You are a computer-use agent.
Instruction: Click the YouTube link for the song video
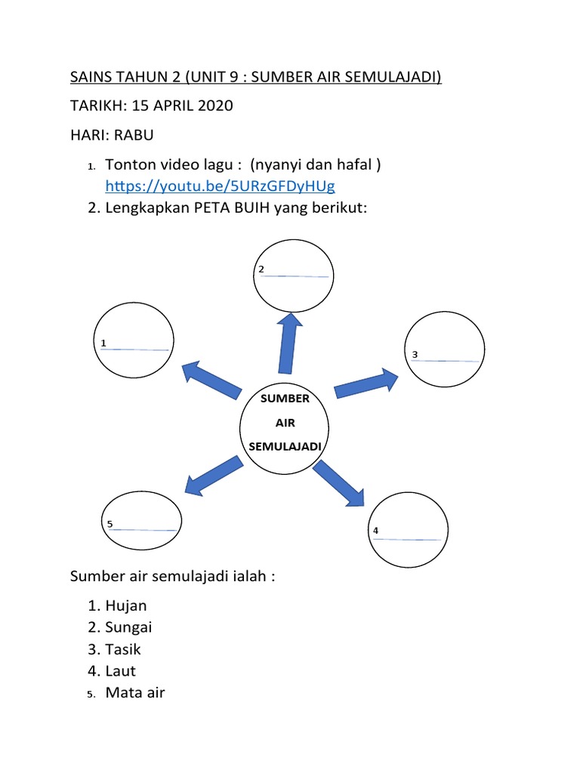click(x=220, y=186)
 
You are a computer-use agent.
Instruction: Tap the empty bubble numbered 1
click(x=132, y=340)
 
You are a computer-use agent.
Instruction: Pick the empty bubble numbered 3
click(x=446, y=349)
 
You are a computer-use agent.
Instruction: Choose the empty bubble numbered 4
click(x=406, y=530)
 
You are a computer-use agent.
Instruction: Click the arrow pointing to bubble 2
click(x=289, y=343)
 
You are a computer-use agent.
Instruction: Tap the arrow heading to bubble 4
click(x=339, y=482)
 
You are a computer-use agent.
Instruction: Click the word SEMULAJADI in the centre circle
click(x=285, y=446)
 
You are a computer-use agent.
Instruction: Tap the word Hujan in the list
click(x=126, y=605)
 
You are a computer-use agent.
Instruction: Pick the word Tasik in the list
click(x=123, y=649)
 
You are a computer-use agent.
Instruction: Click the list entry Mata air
click(x=135, y=692)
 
